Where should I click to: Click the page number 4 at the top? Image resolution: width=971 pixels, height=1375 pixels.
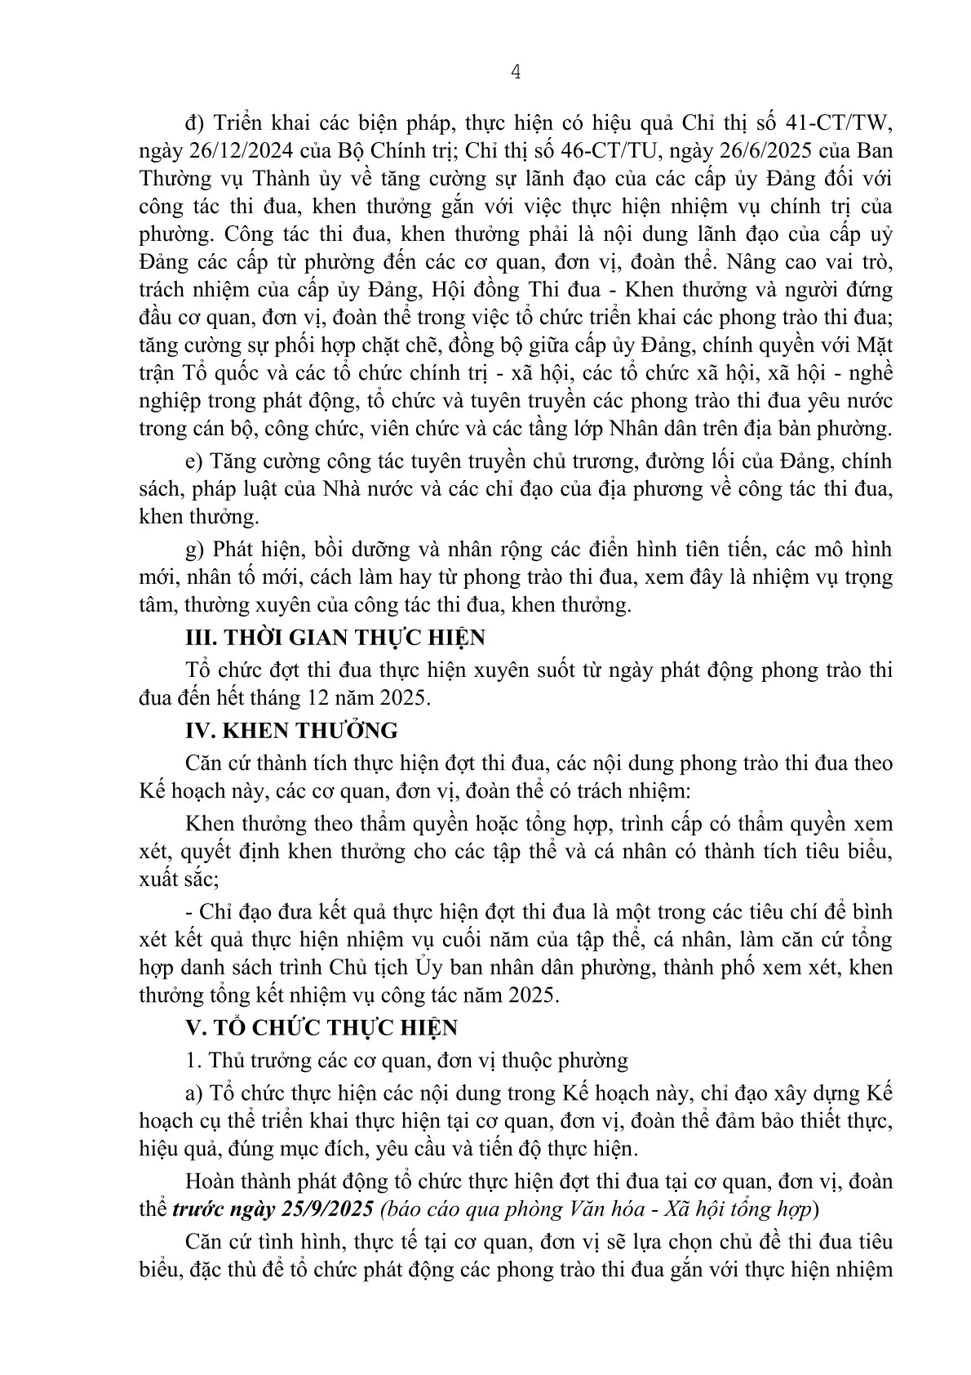514,72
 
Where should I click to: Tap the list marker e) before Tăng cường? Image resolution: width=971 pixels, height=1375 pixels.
193,461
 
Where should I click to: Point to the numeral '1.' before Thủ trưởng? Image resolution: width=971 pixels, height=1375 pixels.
193,1061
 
